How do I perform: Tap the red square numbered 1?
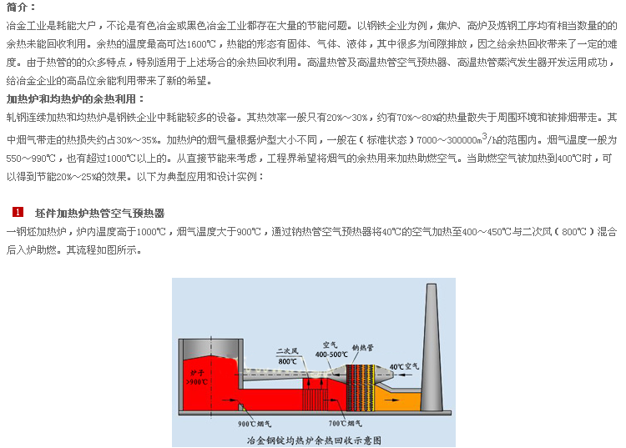click(18, 212)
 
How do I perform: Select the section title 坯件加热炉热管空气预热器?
click(99, 214)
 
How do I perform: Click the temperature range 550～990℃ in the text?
click(31, 159)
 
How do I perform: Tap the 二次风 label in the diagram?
click(288, 351)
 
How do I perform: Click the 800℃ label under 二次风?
click(287, 361)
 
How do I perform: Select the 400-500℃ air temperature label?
click(331, 355)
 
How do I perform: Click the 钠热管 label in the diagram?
click(362, 348)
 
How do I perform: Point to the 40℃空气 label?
click(405, 366)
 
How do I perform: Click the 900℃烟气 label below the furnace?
click(255, 424)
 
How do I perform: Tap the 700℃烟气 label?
click(345, 423)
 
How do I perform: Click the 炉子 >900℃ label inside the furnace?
click(197, 377)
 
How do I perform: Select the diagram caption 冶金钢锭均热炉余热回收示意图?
click(314, 440)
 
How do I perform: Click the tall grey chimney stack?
click(432, 347)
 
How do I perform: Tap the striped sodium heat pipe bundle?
click(361, 388)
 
